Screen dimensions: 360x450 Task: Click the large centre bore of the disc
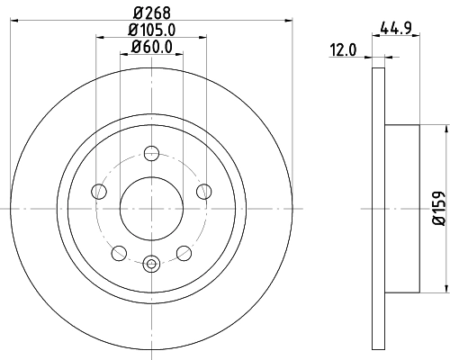(x=150, y=207)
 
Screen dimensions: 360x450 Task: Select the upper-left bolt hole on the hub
(x=97, y=190)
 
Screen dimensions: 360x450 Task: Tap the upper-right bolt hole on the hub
(x=203, y=190)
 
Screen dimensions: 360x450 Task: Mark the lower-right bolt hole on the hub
(x=184, y=252)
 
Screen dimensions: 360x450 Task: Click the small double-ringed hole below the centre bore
(x=150, y=264)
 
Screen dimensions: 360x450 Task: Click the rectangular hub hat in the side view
(x=401, y=207)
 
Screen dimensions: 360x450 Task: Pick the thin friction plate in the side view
(x=377, y=207)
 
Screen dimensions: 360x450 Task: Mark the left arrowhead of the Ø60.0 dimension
(x=123, y=55)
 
